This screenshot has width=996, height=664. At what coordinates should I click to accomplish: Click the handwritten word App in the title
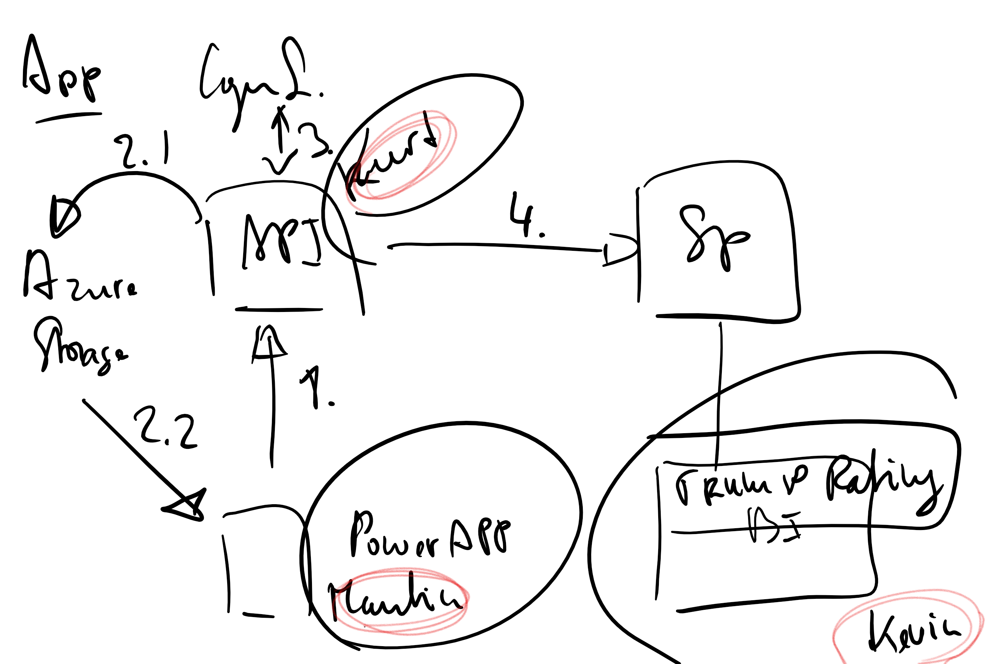click(62, 70)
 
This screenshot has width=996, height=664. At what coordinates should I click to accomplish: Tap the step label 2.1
click(142, 150)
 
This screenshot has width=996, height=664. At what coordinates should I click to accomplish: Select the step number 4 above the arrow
click(525, 215)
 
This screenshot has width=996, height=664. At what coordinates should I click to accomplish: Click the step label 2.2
click(166, 428)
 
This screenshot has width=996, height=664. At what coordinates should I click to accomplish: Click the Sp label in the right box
click(714, 237)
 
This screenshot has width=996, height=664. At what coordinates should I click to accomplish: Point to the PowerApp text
click(430, 536)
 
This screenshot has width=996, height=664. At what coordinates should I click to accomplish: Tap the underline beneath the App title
click(68, 118)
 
